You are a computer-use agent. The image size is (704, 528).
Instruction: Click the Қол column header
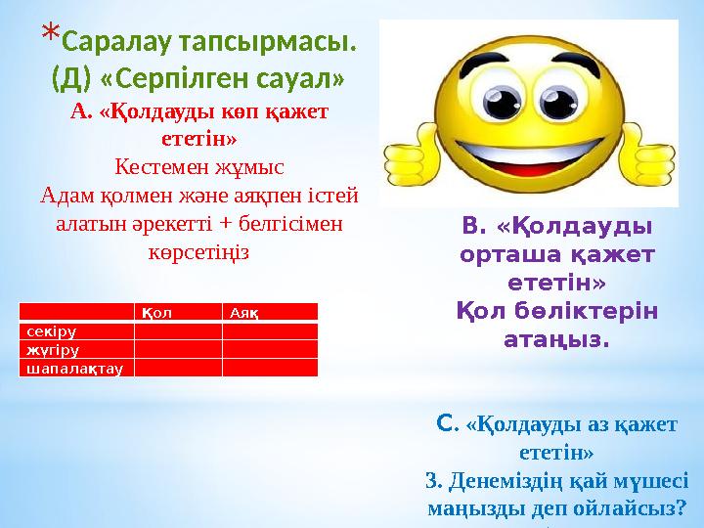point(156,313)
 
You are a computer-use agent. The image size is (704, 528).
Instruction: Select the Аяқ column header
point(244,313)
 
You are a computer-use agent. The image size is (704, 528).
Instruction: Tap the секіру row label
point(48,331)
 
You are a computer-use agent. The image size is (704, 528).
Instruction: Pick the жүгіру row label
point(48,349)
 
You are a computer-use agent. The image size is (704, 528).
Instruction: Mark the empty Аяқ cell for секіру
point(270,331)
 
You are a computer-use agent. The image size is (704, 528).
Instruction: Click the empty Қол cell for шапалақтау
point(177,368)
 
